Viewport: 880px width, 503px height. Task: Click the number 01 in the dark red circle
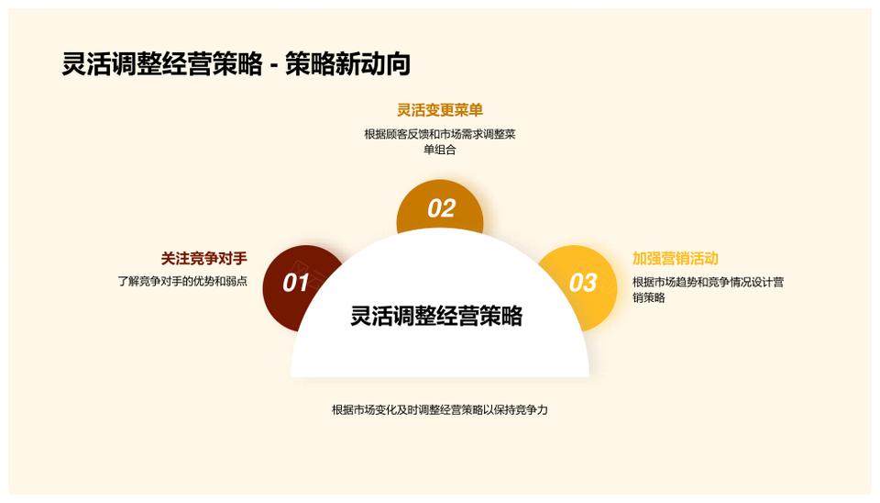click(x=296, y=283)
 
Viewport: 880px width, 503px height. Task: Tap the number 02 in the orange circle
click(x=441, y=208)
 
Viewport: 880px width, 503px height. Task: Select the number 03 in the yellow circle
click(x=583, y=283)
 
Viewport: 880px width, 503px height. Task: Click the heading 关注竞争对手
click(x=203, y=259)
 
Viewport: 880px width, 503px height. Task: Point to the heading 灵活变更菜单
click(x=440, y=110)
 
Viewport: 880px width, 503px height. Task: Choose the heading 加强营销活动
click(x=676, y=259)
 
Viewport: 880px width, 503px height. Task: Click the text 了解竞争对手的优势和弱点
click(x=182, y=281)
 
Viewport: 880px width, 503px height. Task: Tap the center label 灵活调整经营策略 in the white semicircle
click(x=436, y=316)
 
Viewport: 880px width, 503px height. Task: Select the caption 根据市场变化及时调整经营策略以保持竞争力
click(x=439, y=409)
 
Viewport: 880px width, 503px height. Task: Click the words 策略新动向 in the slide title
click(x=348, y=64)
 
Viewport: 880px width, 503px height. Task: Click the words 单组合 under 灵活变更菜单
click(x=440, y=150)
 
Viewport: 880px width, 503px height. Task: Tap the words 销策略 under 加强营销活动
click(x=649, y=298)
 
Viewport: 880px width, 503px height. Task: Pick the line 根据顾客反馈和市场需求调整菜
click(x=440, y=134)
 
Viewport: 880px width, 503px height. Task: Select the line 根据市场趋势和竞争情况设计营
click(x=709, y=282)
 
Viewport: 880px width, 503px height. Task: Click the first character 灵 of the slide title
click(x=74, y=64)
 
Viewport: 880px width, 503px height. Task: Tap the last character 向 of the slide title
click(x=399, y=64)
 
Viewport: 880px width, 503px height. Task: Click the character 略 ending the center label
click(x=511, y=316)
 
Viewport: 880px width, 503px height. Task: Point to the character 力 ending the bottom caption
click(x=542, y=409)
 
